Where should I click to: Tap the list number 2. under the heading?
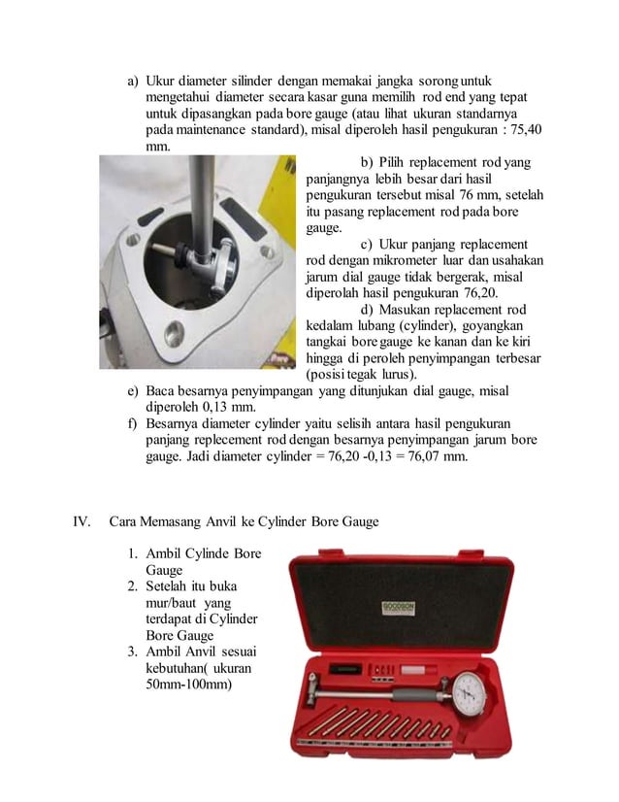coord(135,587)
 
